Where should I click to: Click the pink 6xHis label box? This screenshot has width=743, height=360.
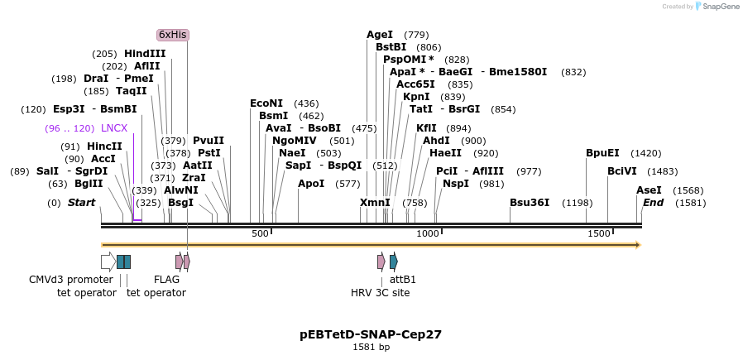pos(173,35)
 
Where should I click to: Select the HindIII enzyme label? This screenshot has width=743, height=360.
pos(145,54)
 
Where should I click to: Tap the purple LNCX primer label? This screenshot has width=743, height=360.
pos(114,128)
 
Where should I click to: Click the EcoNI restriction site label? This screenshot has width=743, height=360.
pos(266,103)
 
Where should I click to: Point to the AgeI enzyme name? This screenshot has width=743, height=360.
pos(380,35)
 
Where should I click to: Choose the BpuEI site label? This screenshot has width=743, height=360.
pos(602,153)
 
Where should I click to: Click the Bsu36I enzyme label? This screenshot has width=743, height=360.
pos(530,203)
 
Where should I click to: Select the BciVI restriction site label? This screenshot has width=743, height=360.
pos(622,171)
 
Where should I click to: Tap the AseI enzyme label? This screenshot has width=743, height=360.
pos(649,190)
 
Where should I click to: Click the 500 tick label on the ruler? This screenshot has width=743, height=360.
pos(260,234)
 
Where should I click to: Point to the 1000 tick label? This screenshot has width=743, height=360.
pos(428,234)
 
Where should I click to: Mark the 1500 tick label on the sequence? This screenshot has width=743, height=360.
pos(598,234)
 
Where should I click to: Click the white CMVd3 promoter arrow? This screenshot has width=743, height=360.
pos(108,262)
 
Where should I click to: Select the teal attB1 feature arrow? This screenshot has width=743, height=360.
pos(394,262)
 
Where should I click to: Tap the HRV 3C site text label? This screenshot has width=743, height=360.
pos(380,292)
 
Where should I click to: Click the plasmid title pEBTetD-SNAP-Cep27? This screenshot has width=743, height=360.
pos(371,335)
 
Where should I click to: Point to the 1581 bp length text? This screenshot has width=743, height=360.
pos(371,348)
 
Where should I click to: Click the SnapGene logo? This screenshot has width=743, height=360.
pos(717,7)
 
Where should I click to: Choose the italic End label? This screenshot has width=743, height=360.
pos(653,203)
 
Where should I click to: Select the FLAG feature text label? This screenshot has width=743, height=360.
pos(166,280)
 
